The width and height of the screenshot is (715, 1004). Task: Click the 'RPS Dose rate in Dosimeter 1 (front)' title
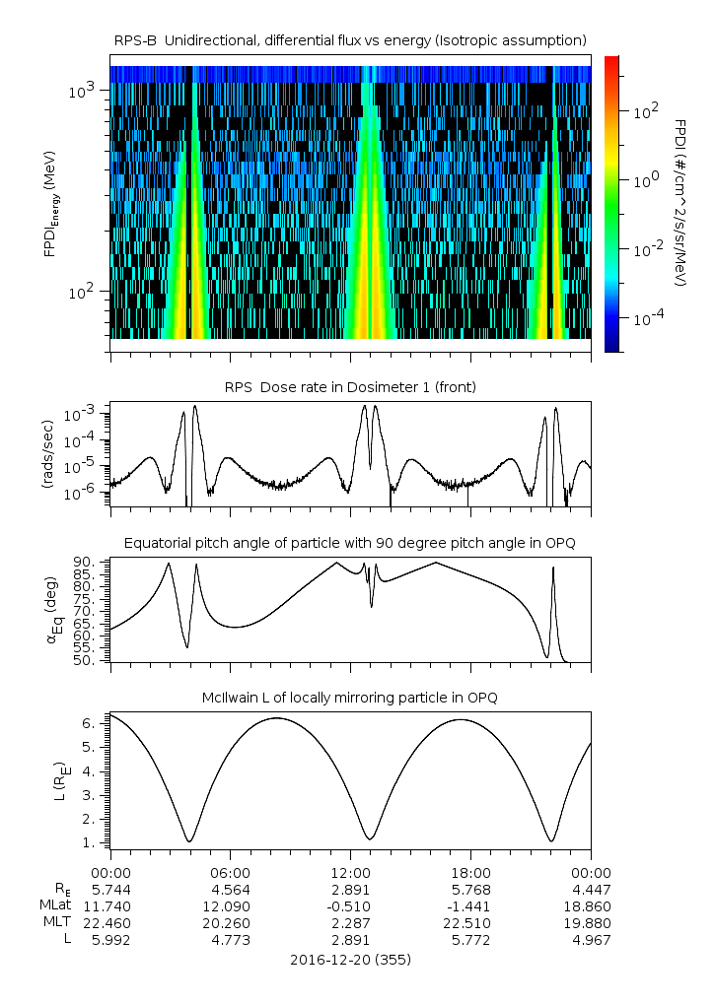coord(350,387)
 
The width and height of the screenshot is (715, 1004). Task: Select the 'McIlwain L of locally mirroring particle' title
coord(350,698)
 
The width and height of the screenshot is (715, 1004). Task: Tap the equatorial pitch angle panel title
coord(350,543)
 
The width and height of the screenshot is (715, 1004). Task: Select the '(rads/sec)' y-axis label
coord(46,454)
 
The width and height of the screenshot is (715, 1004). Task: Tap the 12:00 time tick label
coord(350,872)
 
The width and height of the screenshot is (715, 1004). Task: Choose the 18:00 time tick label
coord(470,872)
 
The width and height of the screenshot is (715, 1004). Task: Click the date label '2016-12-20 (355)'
coord(350,959)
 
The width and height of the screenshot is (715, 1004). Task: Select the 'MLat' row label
coord(56,905)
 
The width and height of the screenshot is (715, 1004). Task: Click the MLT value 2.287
coord(350,923)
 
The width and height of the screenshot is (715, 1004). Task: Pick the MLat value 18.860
coord(591,905)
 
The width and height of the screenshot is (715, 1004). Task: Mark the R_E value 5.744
coord(110,889)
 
